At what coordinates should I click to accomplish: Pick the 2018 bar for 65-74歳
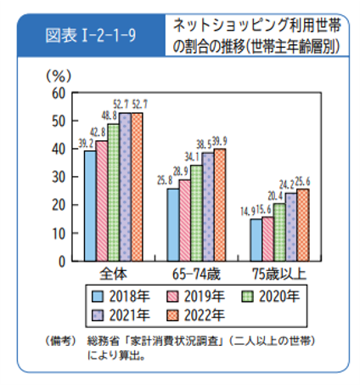point(173,224)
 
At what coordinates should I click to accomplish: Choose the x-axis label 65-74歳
point(196,275)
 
